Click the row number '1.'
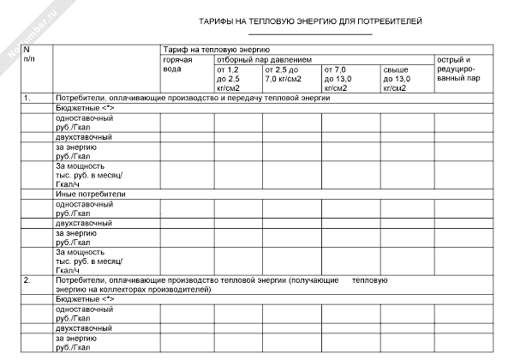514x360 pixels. (x=27, y=99)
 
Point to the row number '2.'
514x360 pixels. (x=27, y=280)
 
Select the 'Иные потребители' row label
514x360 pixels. (x=84, y=195)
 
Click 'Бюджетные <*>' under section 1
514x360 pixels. (x=84, y=109)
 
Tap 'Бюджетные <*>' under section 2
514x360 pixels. (x=84, y=300)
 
